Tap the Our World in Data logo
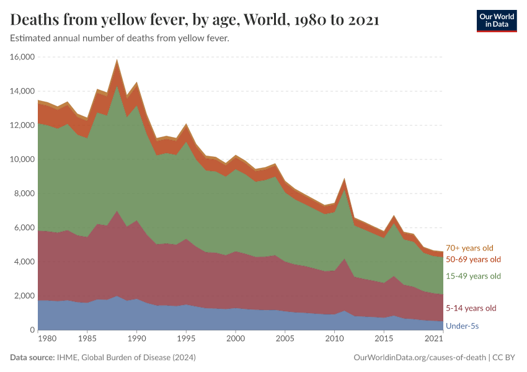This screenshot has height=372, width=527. point(496,20)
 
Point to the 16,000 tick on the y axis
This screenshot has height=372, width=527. point(22,57)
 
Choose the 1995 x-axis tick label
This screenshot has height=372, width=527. point(186,340)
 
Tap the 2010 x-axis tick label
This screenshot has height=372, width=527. point(335,340)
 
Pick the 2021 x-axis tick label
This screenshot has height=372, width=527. point(434,340)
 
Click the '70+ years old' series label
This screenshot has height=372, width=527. point(469,248)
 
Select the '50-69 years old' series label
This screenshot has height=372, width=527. point(473,259)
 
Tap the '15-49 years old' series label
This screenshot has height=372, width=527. point(473,276)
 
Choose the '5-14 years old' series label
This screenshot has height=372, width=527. point(471,308)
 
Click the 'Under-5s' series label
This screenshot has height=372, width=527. point(463,325)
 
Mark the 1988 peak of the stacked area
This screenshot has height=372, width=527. point(117,60)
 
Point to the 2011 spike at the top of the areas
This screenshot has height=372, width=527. point(345,179)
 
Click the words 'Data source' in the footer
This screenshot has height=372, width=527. point(32,358)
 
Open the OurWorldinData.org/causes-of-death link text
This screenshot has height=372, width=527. point(419,358)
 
